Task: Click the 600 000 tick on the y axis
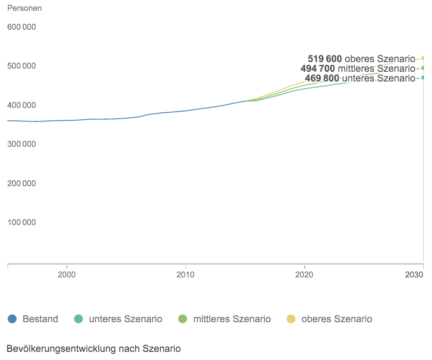click(21, 27)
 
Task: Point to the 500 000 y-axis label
click(21, 66)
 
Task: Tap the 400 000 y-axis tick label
click(21, 105)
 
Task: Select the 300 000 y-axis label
click(21, 144)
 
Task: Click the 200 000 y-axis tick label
click(21, 184)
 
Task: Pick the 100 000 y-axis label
click(21, 222)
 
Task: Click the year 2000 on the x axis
click(66, 275)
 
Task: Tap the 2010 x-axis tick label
click(186, 275)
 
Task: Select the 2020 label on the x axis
click(305, 275)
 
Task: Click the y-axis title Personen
click(24, 9)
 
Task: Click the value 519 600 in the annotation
click(325, 59)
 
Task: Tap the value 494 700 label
click(318, 69)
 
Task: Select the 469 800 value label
click(322, 78)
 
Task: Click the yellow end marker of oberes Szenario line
click(424, 58)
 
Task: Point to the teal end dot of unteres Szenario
click(424, 78)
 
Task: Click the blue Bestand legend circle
click(12, 319)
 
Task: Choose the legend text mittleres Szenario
click(232, 319)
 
